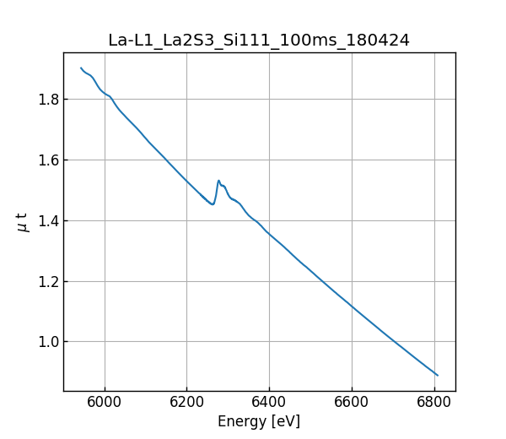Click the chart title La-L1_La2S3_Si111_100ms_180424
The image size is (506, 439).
[259, 41]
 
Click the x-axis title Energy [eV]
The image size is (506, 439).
[259, 421]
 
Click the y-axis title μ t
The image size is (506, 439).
[23, 222]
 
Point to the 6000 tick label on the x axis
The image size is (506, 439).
[105, 404]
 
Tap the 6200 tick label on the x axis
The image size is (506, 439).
[187, 404]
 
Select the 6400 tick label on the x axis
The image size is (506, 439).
[269, 404]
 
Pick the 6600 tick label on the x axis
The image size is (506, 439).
[352, 404]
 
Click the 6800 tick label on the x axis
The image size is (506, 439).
[433, 404]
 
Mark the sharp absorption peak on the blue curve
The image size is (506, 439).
[218, 181]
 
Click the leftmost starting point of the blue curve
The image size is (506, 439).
[81, 68]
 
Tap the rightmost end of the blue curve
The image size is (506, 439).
[438, 375]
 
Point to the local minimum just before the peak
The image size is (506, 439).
[213, 204]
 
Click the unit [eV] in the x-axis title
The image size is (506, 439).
[284, 421]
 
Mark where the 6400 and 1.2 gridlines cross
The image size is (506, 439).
[269, 281]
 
